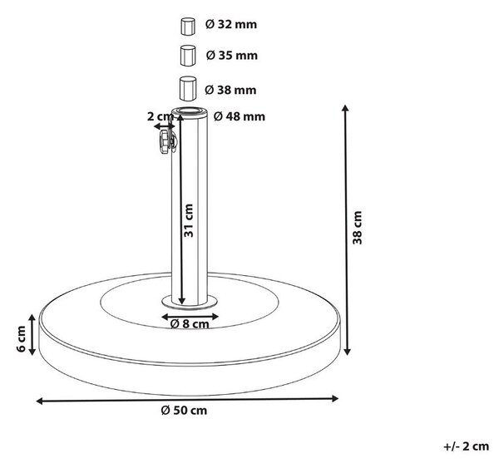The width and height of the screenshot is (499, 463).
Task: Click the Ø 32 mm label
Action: [x=231, y=24]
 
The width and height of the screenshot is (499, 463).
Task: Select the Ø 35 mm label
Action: [x=232, y=56]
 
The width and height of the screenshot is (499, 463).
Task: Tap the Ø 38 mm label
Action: [x=230, y=90]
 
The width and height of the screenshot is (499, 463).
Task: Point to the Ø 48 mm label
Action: [x=240, y=116]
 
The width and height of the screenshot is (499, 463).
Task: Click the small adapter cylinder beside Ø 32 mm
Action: [x=188, y=26]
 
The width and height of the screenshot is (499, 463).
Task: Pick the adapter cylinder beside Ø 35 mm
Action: [x=188, y=56]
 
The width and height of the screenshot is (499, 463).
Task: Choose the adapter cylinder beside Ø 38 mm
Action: [x=188, y=88]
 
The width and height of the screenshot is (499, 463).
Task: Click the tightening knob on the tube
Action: [x=166, y=141]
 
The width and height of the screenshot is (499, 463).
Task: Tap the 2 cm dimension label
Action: [x=160, y=116]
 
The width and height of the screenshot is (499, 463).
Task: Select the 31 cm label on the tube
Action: [x=189, y=220]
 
